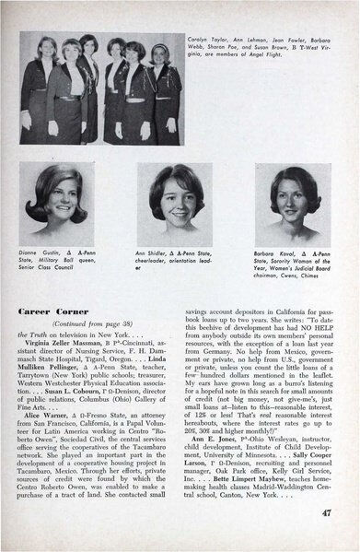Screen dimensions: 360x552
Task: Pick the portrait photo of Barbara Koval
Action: pyautogui.click(x=293, y=206)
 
